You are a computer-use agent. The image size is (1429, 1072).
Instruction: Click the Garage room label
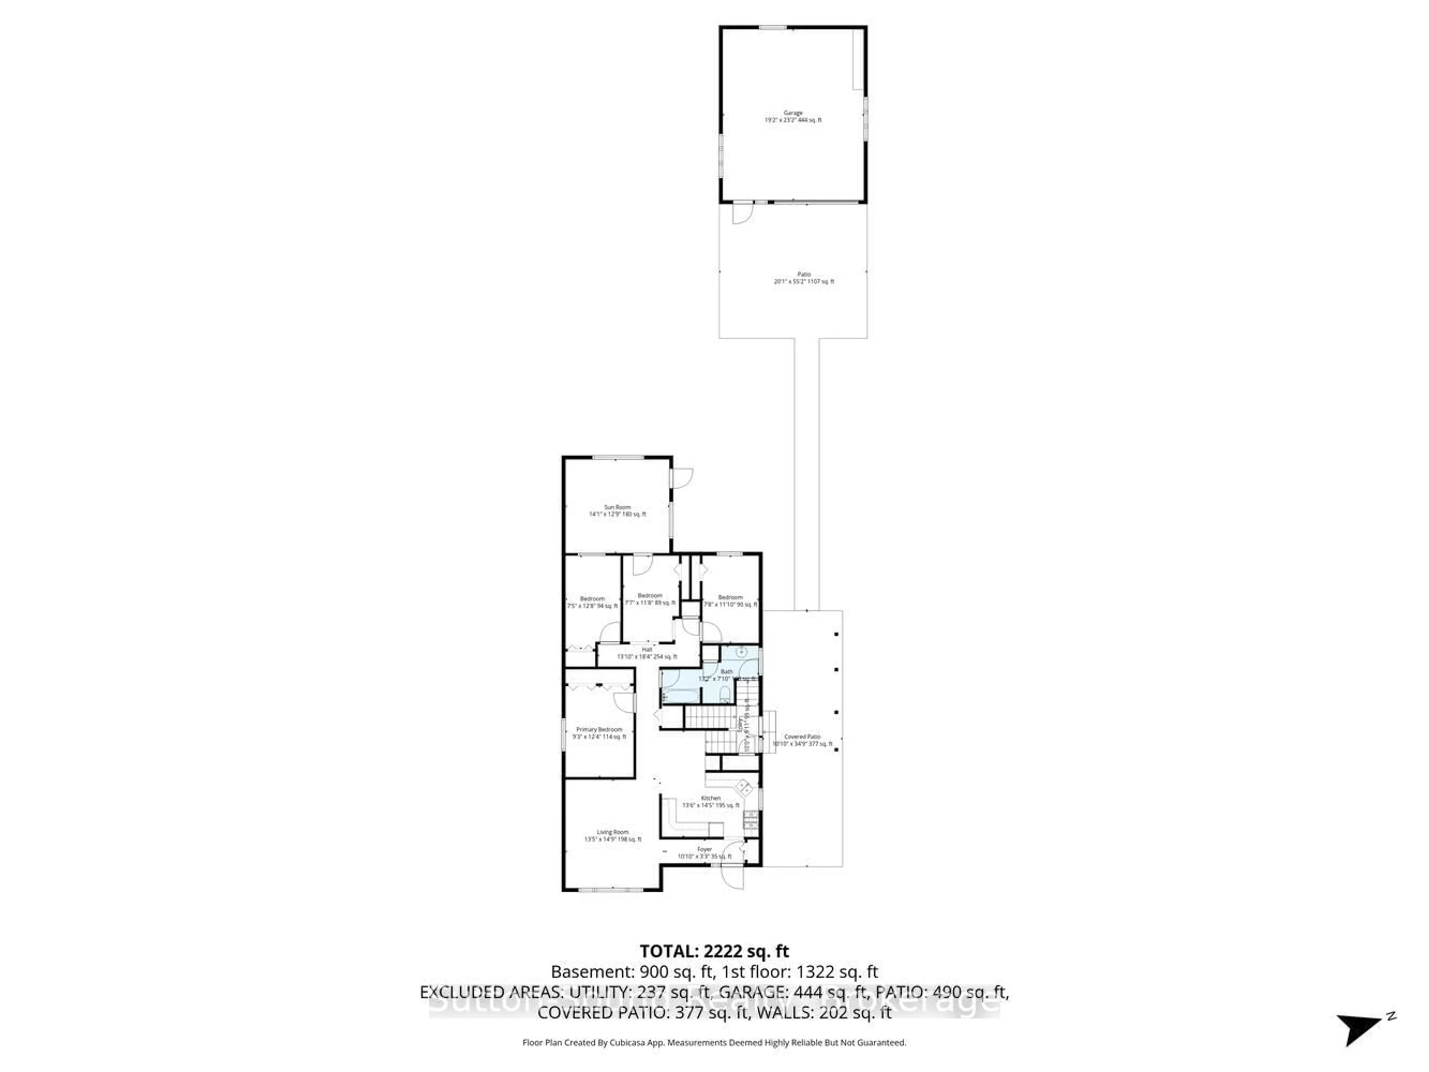(793, 116)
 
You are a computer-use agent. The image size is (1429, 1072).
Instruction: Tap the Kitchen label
(711, 801)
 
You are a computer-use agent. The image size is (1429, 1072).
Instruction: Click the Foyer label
(704, 852)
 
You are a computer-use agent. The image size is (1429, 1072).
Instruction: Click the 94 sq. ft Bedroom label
(592, 602)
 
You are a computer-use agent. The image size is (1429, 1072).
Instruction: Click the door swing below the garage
(742, 214)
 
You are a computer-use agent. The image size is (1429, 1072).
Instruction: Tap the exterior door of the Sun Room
(681, 478)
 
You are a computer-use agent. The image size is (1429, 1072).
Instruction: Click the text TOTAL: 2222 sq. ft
(714, 951)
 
